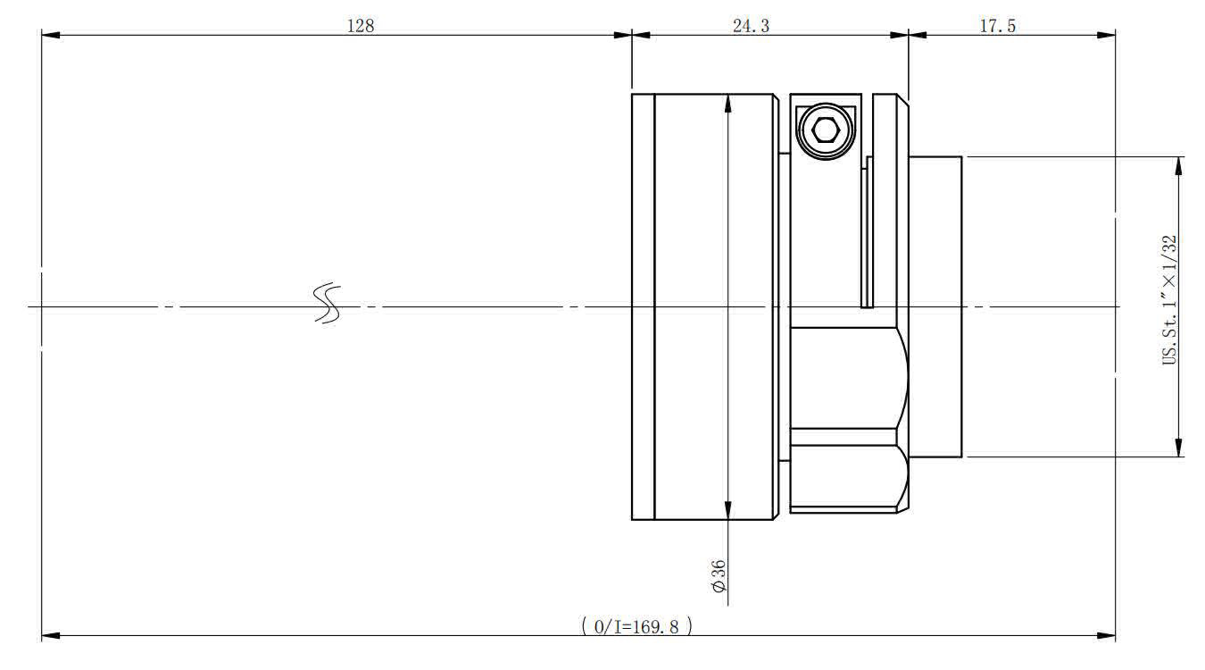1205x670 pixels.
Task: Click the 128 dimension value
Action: click(x=361, y=26)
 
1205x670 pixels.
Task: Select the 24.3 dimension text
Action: click(x=751, y=26)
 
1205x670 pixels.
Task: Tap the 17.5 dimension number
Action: click(x=997, y=26)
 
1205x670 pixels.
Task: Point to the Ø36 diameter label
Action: click(x=719, y=576)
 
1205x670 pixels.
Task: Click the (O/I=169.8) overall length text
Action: click(x=637, y=626)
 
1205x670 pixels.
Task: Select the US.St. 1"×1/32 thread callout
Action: click(x=1169, y=300)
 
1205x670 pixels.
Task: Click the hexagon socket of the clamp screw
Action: click(x=826, y=130)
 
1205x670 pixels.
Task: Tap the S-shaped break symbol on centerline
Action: click(x=327, y=303)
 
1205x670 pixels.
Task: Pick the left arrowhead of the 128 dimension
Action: click(x=51, y=35)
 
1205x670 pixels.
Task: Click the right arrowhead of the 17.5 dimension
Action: click(x=1106, y=35)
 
